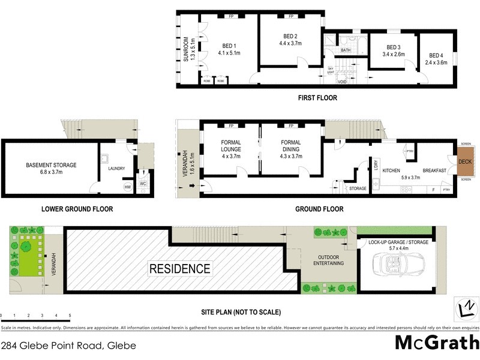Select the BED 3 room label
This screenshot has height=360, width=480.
click(x=393, y=47)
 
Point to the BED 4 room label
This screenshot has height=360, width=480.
click(x=436, y=47)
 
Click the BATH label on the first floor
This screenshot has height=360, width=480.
click(x=346, y=50)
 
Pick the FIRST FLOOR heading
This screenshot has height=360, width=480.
click(x=317, y=98)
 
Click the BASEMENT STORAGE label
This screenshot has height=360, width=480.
click(x=51, y=165)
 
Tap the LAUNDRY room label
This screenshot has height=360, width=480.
click(x=116, y=169)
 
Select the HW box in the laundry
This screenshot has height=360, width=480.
click(x=127, y=187)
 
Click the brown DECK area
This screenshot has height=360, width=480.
click(x=465, y=162)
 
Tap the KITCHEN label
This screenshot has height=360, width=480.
click(x=391, y=171)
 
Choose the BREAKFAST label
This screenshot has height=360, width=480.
click(x=434, y=171)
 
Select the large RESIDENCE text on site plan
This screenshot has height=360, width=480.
click(x=180, y=269)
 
